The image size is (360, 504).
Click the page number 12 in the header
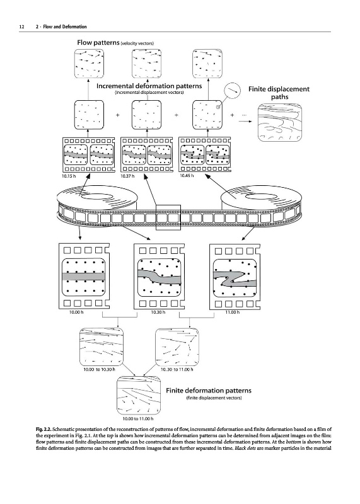(x=21, y=26)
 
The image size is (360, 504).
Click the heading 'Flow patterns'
(x=98, y=42)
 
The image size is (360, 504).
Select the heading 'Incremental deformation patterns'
(x=149, y=86)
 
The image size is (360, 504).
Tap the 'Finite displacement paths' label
(x=279, y=93)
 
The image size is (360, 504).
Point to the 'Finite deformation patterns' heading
(x=209, y=391)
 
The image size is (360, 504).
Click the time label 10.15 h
(x=69, y=176)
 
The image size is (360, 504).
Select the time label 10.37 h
(x=127, y=176)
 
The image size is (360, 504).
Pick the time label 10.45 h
(x=187, y=176)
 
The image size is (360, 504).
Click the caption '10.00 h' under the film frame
(x=76, y=312)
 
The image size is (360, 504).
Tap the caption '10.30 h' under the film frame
(x=158, y=312)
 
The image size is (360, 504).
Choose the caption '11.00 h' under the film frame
(x=232, y=312)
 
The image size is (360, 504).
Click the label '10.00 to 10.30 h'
(x=99, y=369)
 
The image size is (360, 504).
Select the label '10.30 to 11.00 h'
(x=177, y=369)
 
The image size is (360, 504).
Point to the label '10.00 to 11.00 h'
(x=137, y=418)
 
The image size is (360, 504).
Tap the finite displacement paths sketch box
(x=280, y=122)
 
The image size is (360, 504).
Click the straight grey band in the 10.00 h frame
(x=84, y=277)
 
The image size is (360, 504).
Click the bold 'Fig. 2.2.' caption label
(x=44, y=429)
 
